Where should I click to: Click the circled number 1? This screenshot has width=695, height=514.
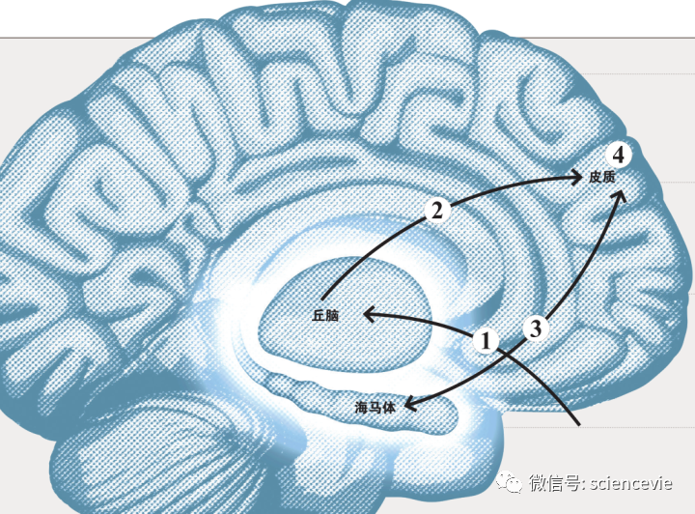[486, 341]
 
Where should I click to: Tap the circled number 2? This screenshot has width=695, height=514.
[437, 211]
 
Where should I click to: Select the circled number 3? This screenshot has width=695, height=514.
[536, 328]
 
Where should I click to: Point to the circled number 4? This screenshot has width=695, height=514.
[619, 155]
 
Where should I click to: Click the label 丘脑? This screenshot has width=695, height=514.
[325, 315]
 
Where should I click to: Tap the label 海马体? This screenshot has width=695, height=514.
[375, 407]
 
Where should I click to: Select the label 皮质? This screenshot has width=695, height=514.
[602, 178]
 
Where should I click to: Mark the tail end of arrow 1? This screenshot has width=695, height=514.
[578, 424]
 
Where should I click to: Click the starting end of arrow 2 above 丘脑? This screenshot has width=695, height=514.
[323, 299]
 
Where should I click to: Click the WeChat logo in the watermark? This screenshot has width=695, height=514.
[510, 481]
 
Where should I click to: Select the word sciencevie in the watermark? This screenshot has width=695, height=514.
[631, 483]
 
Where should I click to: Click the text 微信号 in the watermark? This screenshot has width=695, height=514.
[554, 482]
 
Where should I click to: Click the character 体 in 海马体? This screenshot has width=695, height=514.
[388, 407]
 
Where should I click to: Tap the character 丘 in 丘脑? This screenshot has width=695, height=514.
[319, 315]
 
